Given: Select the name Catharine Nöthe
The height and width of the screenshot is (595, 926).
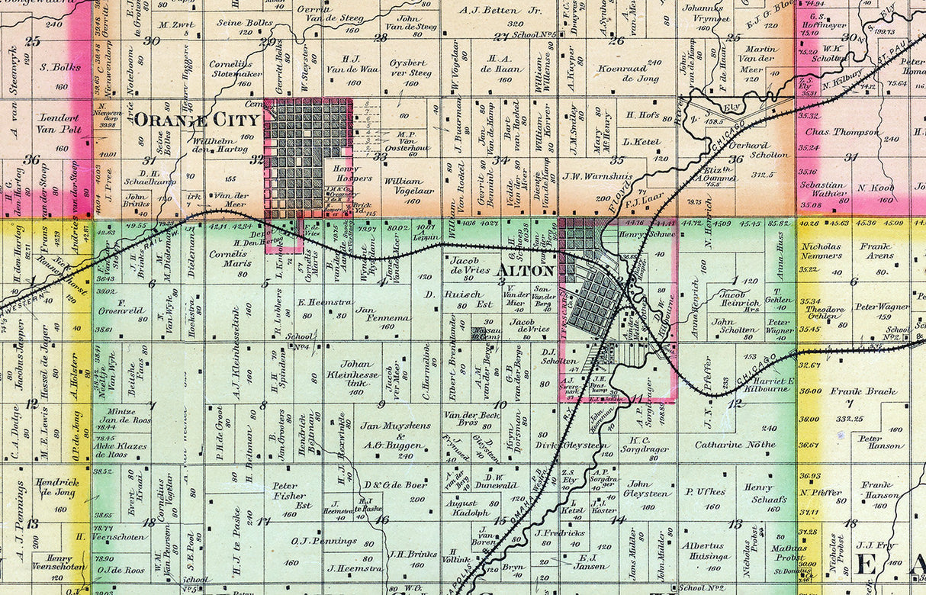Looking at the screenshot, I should pos(735,443).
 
